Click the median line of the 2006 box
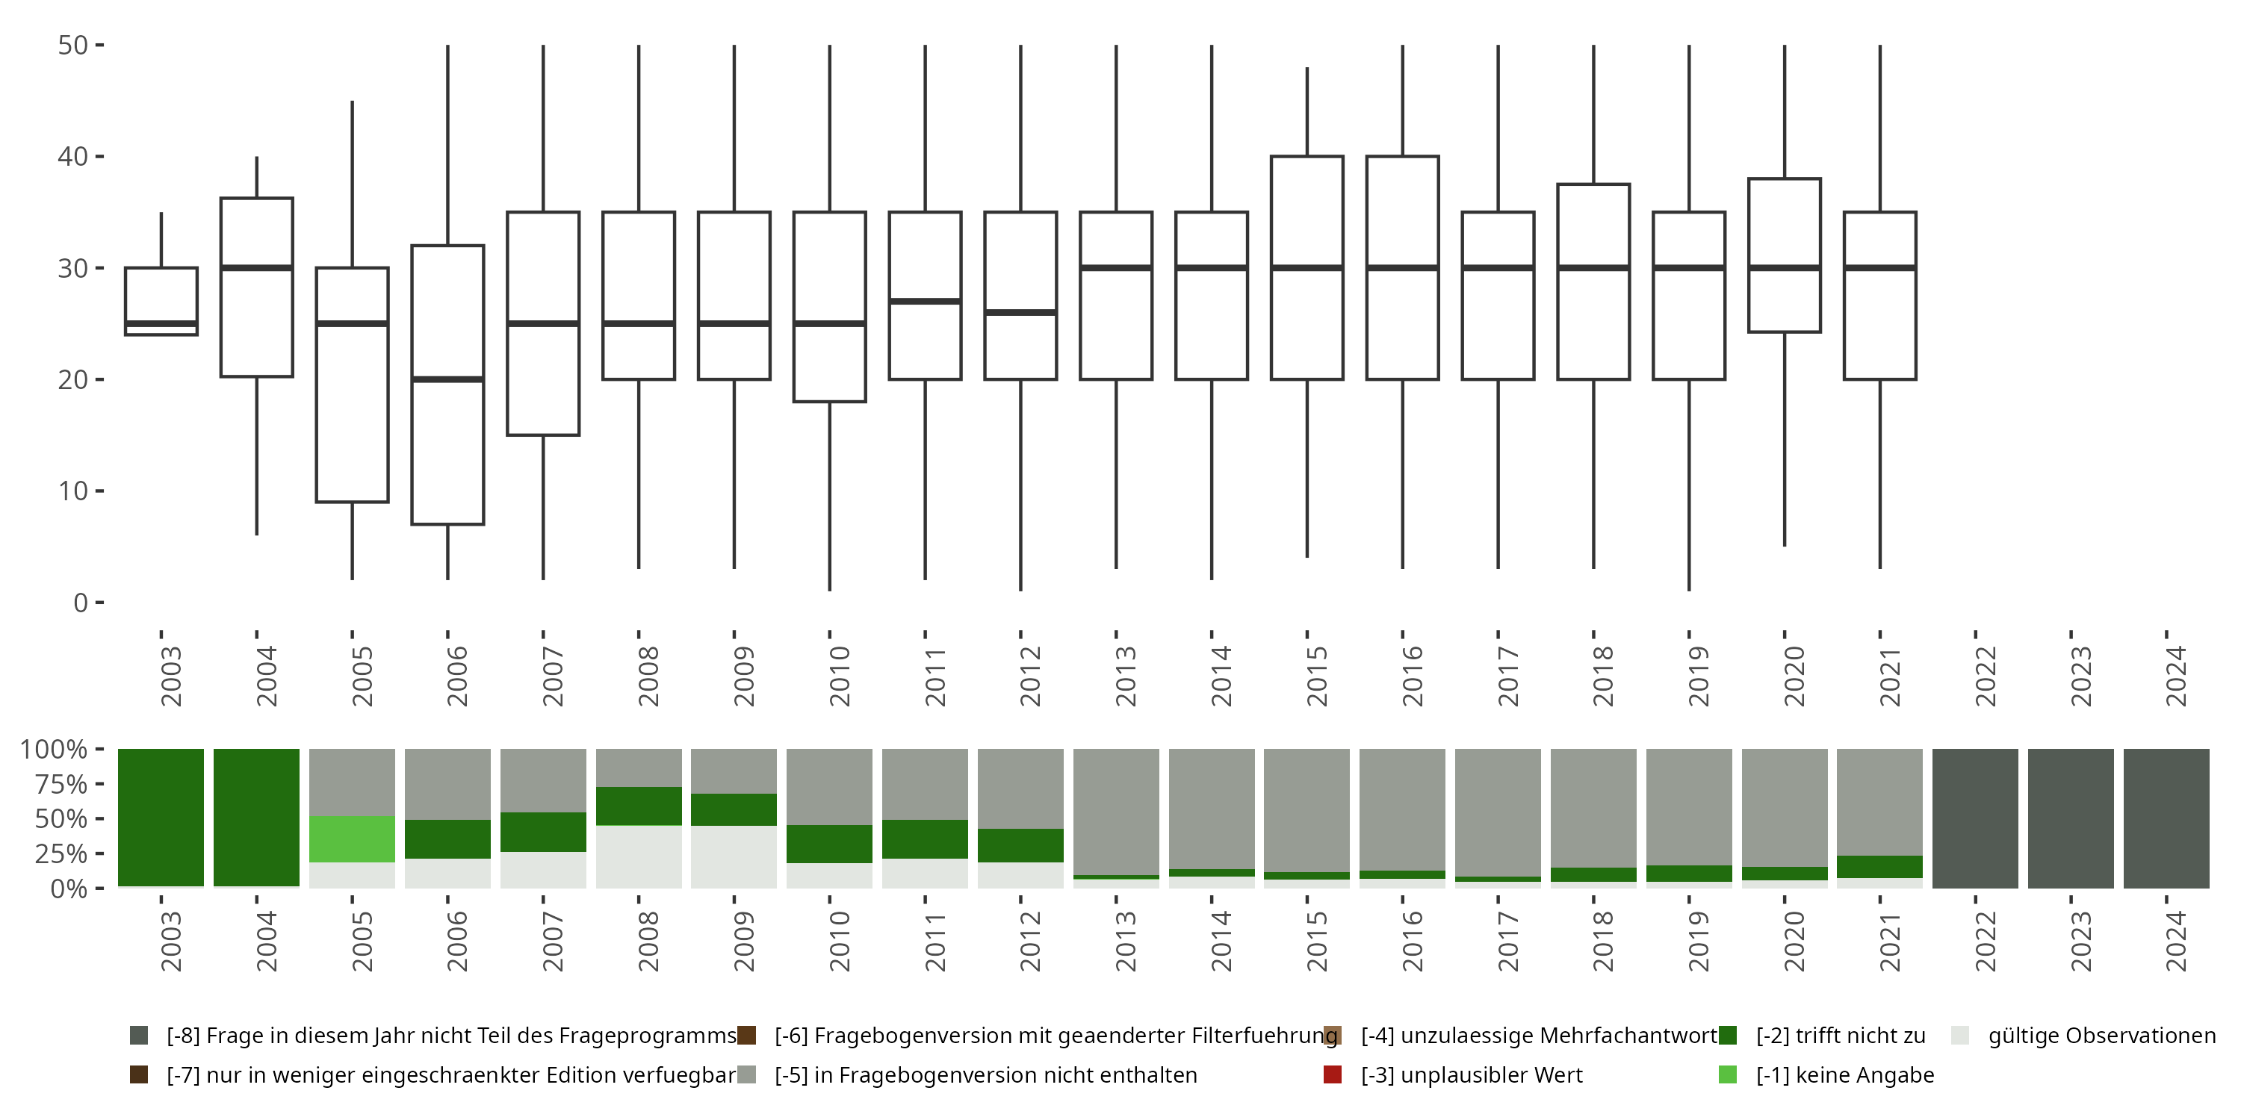447,379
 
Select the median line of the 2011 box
925,301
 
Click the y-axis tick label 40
73,157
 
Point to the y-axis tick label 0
81,603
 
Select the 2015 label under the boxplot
1315,676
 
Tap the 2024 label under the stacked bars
2175,941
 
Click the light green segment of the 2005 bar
351,839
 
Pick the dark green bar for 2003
161,818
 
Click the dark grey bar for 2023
2071,818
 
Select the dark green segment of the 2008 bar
639,806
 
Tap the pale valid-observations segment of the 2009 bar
734,856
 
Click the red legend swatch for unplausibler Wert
1332,1074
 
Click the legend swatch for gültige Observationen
1960,1036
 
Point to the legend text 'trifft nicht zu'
1840,1036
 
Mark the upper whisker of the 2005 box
351,183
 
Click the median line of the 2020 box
1785,267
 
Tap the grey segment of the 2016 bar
1402,809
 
